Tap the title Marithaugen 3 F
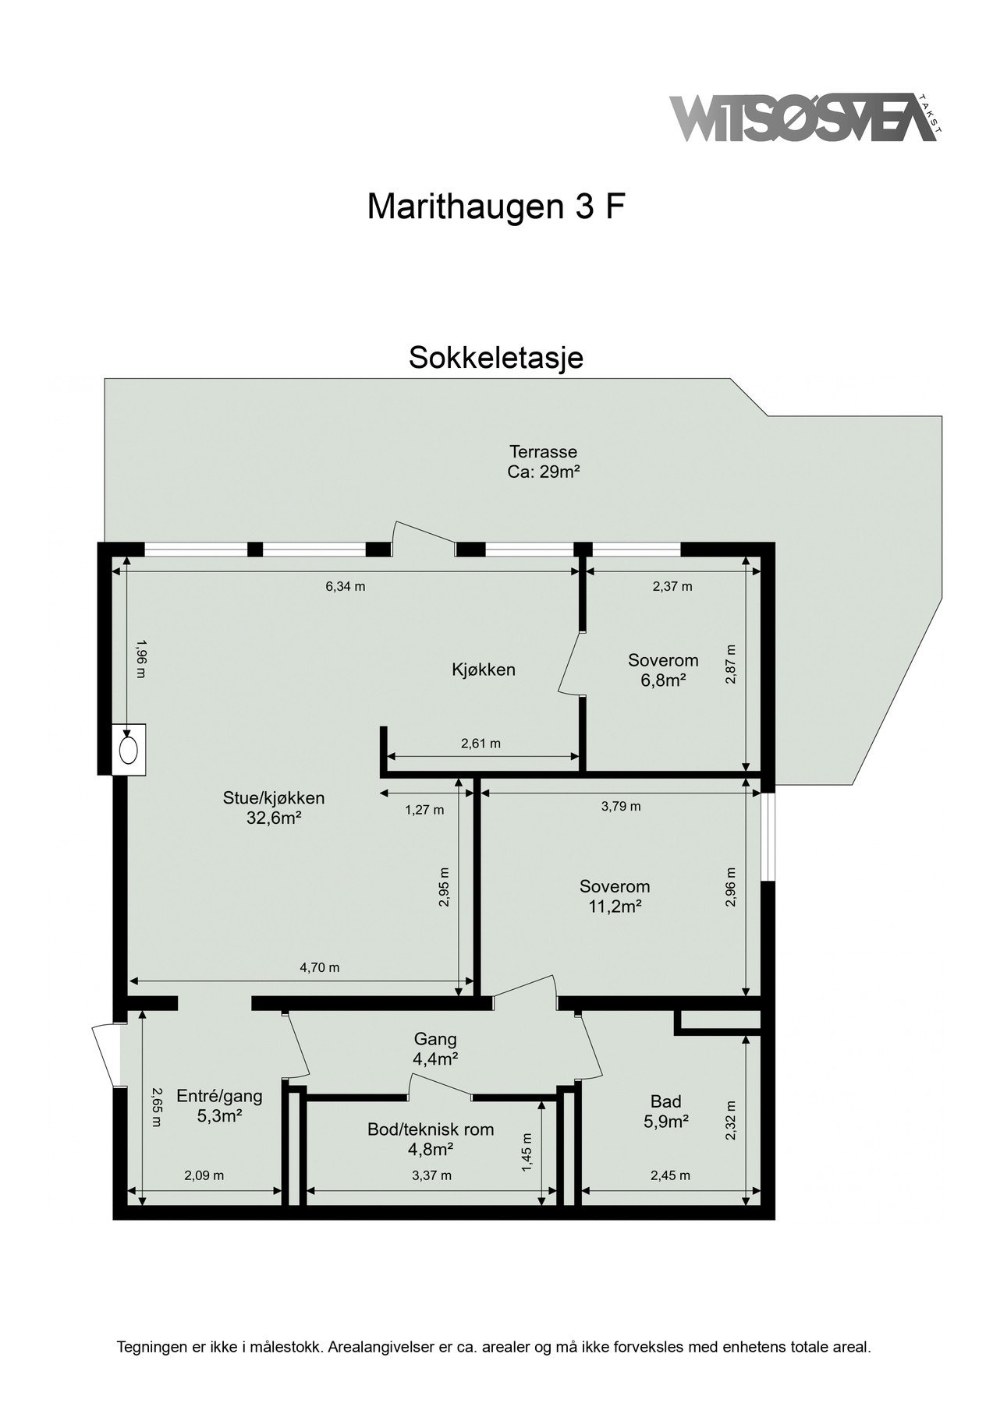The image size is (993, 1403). [x=496, y=207]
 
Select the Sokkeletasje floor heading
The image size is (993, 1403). [x=496, y=358]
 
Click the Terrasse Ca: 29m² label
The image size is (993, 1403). [x=543, y=461]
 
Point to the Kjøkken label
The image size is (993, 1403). [x=484, y=669]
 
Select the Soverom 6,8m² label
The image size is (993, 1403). [x=663, y=670]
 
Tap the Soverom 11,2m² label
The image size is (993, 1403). [x=615, y=896]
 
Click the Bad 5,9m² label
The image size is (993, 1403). [x=665, y=1111]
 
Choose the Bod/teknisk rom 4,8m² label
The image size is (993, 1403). [x=431, y=1139]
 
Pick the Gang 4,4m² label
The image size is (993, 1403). [x=435, y=1048]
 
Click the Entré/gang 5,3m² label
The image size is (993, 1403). [x=219, y=1105]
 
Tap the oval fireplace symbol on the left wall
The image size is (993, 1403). [x=129, y=750]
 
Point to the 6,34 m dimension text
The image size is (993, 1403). [x=345, y=587]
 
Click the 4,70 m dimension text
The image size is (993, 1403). [x=320, y=968]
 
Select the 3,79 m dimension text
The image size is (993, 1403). [x=621, y=806]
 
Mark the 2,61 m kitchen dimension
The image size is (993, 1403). [x=481, y=744]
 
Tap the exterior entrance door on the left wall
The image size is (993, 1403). [x=104, y=1055]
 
